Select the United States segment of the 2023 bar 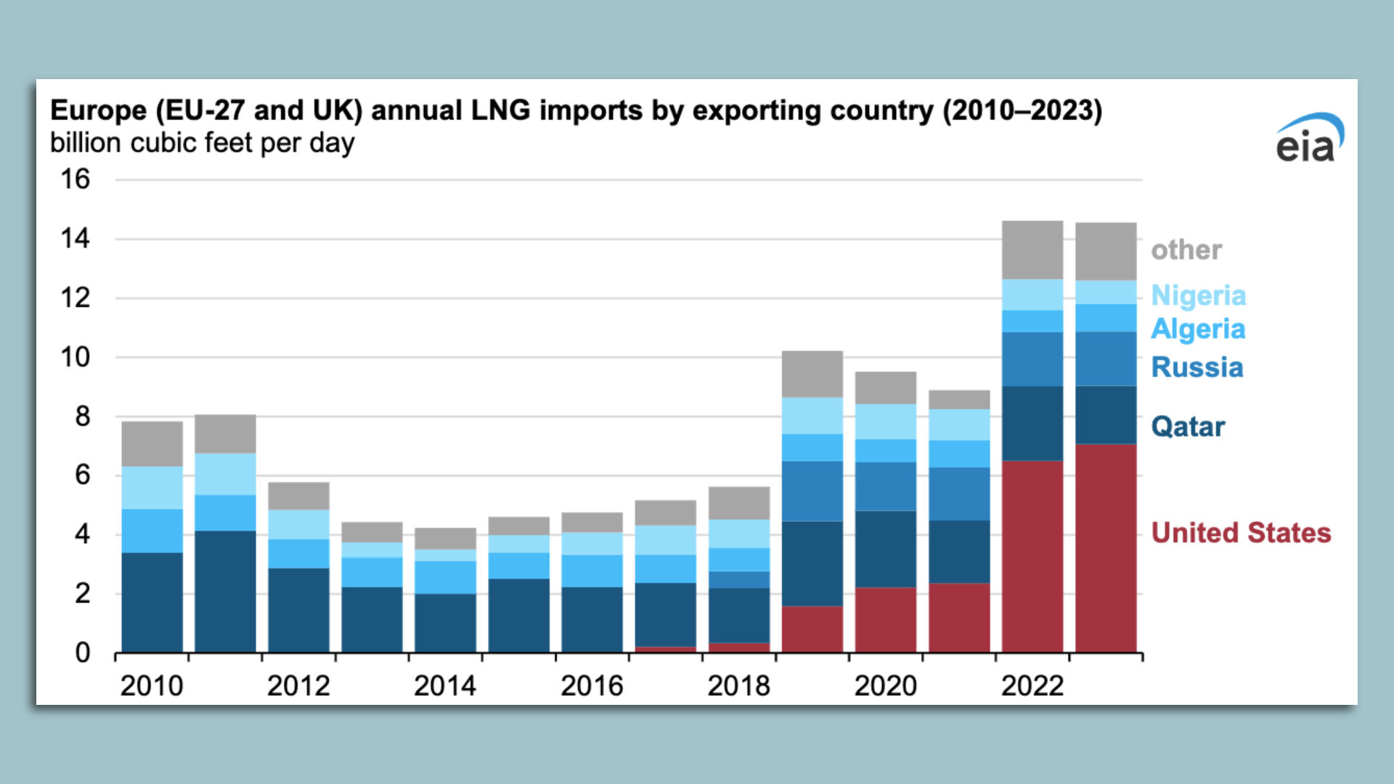[1106, 548]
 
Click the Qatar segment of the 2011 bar [225, 592]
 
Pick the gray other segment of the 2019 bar [812, 374]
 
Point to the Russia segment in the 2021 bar [959, 494]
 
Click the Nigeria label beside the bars [1199, 295]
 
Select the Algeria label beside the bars [1198, 329]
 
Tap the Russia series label [1197, 367]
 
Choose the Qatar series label [1188, 427]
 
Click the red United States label [1241, 533]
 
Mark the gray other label [1186, 250]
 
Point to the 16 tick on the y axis [75, 179]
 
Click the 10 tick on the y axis [75, 357]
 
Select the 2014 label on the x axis [444, 686]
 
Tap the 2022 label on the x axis [1032, 686]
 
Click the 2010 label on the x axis [151, 686]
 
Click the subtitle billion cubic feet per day [202, 143]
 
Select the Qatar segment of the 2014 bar [445, 623]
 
